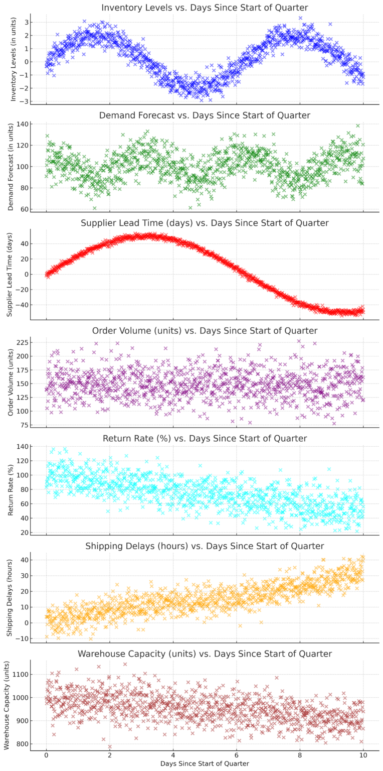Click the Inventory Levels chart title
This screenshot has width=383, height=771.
coord(205,8)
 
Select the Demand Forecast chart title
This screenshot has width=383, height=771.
coord(205,115)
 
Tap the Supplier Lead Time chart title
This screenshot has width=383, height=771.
coord(205,223)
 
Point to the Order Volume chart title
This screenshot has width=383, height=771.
coord(205,330)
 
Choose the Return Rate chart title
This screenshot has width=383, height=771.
coord(205,438)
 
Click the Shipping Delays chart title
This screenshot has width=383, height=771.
coord(205,546)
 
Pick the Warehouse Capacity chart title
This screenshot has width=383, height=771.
coord(205,654)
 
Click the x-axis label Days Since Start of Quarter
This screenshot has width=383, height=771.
coord(205,763)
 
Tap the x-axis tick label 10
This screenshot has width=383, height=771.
coord(363,753)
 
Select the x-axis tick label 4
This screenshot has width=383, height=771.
coord(173,753)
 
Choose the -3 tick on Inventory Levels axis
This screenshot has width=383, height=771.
coord(22,101)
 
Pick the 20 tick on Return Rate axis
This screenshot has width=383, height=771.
coord(22,533)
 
